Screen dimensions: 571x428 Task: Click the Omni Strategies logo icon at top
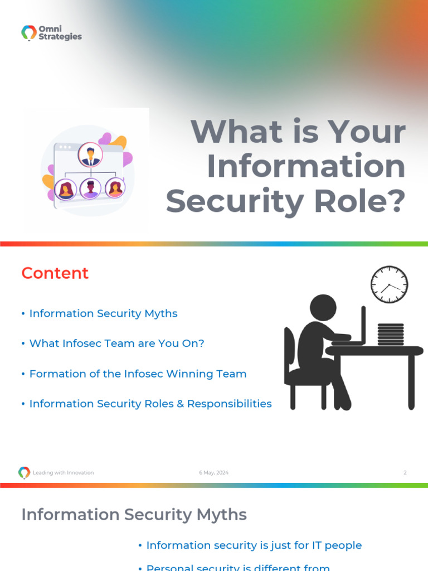pyautogui.click(x=29, y=33)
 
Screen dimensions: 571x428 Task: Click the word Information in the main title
pyautogui.click(x=306, y=166)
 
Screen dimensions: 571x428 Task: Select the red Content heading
pyautogui.click(x=55, y=273)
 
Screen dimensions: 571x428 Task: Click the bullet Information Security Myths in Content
pyautogui.click(x=103, y=313)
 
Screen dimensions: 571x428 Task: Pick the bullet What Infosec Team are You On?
pyautogui.click(x=116, y=343)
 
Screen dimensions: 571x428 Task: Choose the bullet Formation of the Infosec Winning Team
pyautogui.click(x=138, y=374)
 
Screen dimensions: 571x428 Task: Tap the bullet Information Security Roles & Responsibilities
pyautogui.click(x=150, y=404)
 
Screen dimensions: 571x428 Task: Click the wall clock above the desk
pyautogui.click(x=389, y=284)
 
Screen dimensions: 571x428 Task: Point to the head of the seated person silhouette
pyautogui.click(x=323, y=308)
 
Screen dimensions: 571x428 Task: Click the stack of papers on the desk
pyautogui.click(x=390, y=334)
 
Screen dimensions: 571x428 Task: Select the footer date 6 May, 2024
pyautogui.click(x=214, y=473)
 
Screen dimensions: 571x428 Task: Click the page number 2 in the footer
pyautogui.click(x=405, y=473)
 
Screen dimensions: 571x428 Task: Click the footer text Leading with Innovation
pyautogui.click(x=63, y=473)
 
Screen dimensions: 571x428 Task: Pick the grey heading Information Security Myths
pyautogui.click(x=134, y=515)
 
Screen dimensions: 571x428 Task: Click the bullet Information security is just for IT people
pyautogui.click(x=254, y=545)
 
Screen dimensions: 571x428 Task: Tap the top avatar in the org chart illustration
pyautogui.click(x=90, y=154)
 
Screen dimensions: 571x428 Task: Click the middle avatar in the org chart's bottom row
pyautogui.click(x=90, y=189)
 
